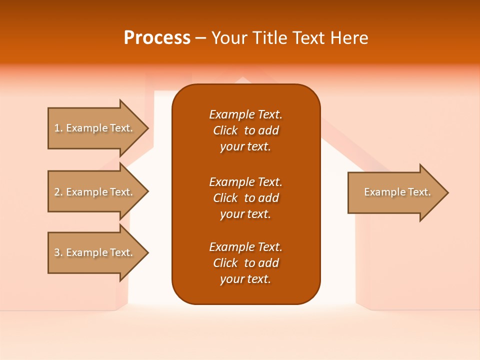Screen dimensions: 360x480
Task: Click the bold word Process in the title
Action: tap(157, 38)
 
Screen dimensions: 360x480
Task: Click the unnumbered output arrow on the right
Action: tap(395, 192)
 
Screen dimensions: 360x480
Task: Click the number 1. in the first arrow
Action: tap(58, 128)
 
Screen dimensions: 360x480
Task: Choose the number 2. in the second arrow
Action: tap(58, 192)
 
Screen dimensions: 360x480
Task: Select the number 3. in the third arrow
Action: tap(58, 252)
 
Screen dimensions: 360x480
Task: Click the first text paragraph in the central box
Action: tap(245, 130)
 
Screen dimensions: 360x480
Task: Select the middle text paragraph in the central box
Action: tap(245, 198)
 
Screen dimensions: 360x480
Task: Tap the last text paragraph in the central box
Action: tap(245, 263)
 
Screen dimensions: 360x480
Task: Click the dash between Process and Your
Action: tap(201, 38)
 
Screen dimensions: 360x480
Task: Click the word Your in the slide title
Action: tap(229, 38)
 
